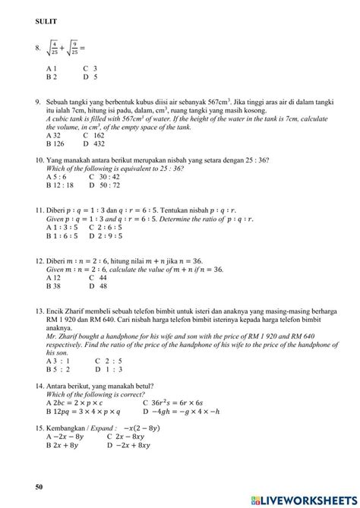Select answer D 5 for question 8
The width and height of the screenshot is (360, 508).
[x=90, y=77]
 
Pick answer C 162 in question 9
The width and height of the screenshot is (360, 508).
[x=94, y=135]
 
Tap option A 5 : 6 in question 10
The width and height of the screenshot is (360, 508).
[x=58, y=176]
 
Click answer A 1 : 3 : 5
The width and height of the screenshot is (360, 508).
[x=62, y=226]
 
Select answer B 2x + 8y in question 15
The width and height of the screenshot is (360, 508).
[x=62, y=446]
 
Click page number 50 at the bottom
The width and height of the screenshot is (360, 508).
[x=39, y=485]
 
